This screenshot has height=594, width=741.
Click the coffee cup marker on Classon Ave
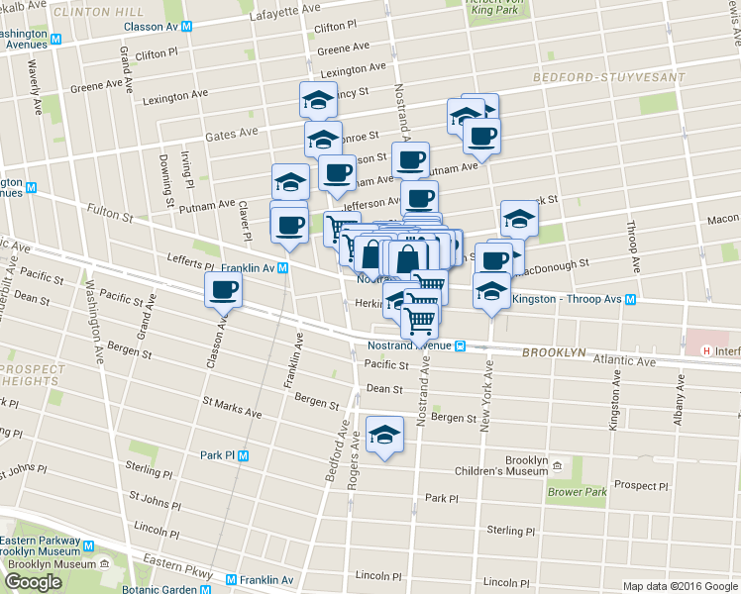[x=223, y=290]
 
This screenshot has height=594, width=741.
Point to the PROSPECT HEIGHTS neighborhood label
[x=30, y=375]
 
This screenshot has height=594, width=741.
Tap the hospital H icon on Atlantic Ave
[x=704, y=350]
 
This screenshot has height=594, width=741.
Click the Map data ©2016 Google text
[x=680, y=586]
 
